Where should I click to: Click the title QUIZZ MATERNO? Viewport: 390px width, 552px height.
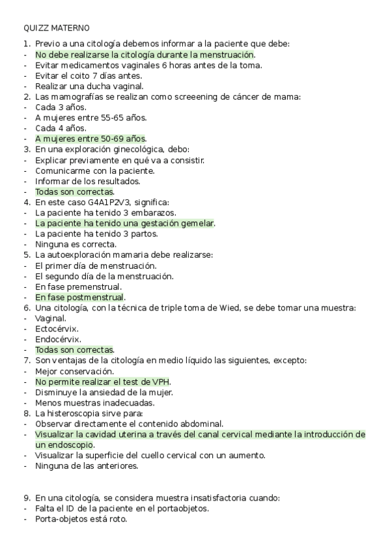pos(57,28)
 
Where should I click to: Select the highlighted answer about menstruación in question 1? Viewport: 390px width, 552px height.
pos(145,55)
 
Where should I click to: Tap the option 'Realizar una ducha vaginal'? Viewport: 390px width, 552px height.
pos(89,86)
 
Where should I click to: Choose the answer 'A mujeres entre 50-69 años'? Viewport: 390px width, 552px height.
pos(91,139)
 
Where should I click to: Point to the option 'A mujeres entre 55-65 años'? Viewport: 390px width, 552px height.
pos(91,118)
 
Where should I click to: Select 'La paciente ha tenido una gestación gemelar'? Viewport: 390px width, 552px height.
pos(124,223)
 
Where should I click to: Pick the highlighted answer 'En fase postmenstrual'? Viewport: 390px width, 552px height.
pos(79,297)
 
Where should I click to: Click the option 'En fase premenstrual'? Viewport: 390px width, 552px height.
pos(78,286)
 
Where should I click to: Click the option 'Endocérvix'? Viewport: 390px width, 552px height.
pos(58,339)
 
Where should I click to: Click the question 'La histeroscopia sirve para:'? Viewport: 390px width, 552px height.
pos(89,413)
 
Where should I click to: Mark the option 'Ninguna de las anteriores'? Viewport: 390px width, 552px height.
pos(87,465)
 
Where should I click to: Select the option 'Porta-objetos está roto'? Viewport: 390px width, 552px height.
pos(81,519)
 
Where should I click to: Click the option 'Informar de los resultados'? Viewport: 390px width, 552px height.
pos(87,181)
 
